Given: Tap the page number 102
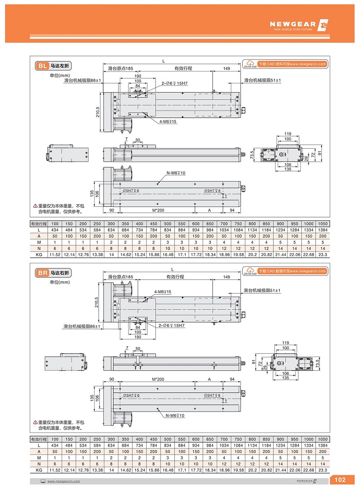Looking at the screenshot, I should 340,480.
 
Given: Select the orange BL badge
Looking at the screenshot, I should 42,66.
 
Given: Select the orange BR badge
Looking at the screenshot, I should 42,272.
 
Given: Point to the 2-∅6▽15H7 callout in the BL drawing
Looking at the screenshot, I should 174,83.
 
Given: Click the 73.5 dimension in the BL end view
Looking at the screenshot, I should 252,155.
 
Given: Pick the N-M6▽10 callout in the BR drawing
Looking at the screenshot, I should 175,415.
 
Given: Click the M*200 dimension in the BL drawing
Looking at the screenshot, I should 158,210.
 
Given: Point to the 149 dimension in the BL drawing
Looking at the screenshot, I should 227,68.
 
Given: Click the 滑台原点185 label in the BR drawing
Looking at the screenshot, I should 120,277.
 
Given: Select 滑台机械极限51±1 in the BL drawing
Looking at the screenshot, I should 262,80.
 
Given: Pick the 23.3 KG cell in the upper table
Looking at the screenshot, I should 322,255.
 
